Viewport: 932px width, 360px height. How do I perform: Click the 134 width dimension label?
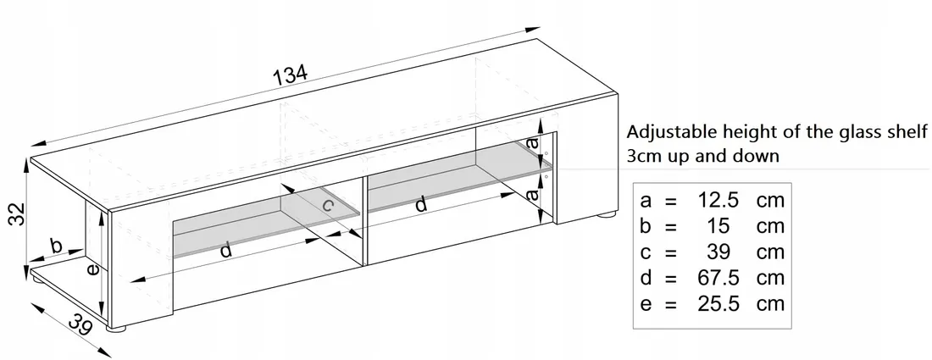(x=291, y=75)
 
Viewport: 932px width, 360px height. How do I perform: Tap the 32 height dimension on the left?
(x=19, y=214)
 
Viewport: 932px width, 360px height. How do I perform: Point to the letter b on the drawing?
(x=57, y=246)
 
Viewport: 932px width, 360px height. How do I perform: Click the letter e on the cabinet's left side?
(x=92, y=269)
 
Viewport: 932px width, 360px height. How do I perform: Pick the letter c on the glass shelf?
(x=328, y=206)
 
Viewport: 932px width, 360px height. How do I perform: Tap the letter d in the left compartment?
(x=226, y=250)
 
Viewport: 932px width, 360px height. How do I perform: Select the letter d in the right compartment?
(x=421, y=204)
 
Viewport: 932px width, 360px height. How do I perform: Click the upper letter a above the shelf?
(x=533, y=142)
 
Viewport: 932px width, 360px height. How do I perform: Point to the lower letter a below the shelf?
(x=533, y=194)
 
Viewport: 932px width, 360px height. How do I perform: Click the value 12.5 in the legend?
(x=718, y=201)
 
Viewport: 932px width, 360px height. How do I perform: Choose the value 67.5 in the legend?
(x=718, y=278)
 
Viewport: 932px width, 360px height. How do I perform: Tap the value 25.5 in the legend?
(x=718, y=304)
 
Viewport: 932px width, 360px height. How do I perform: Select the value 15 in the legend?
(x=718, y=226)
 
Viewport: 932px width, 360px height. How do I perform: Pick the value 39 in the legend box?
(x=718, y=252)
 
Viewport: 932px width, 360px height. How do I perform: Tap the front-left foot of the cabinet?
(x=117, y=327)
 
